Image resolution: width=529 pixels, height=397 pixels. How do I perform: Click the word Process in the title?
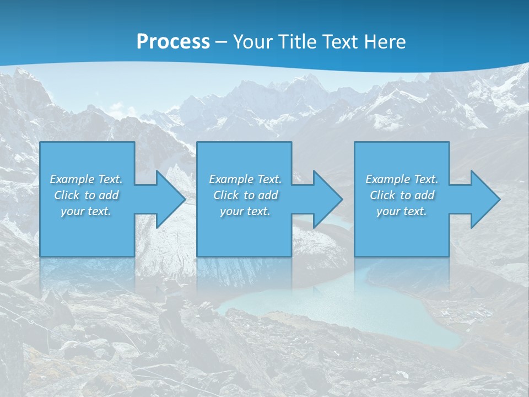tap(173, 41)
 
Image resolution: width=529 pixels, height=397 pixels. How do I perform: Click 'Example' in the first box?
tap(72, 179)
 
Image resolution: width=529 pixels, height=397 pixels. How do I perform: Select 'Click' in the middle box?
tap(225, 195)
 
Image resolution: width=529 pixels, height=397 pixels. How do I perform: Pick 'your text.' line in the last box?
tap(402, 211)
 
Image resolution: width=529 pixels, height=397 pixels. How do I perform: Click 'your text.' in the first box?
tap(86, 211)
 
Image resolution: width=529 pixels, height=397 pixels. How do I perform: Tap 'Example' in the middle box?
tap(231, 179)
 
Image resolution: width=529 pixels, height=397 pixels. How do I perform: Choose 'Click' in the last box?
tap(382, 195)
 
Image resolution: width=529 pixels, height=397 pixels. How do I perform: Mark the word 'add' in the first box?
tap(109, 195)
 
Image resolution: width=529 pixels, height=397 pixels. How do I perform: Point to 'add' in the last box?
tap(425, 195)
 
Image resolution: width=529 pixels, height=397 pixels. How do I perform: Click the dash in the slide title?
tap(222, 41)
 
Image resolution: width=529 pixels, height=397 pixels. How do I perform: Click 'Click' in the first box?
tap(67, 195)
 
